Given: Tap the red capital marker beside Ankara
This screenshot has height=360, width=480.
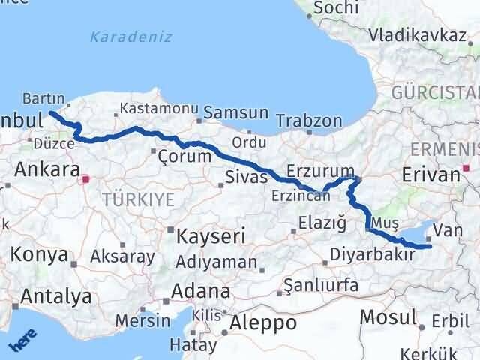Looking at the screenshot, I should tap(87, 180).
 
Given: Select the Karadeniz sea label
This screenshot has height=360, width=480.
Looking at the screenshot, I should tap(130, 37).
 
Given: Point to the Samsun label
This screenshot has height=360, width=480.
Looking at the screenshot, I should tap(235, 112).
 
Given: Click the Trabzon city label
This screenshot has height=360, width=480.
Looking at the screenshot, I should tap(309, 121).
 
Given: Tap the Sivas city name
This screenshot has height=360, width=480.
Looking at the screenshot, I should tap(246, 178).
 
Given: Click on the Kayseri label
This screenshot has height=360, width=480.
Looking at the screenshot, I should tap(211, 236).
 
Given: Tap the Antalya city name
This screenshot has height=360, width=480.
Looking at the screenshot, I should tap(56, 296).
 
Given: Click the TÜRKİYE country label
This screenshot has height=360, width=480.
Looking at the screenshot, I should tap(139, 199).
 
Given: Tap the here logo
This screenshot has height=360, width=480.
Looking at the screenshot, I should tap(22, 340).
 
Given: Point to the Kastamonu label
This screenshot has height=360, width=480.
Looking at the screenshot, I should tap(158, 108).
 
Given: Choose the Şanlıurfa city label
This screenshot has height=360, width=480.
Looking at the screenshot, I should tap(316, 286).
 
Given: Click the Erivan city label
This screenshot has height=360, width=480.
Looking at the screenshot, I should tap(430, 175).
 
